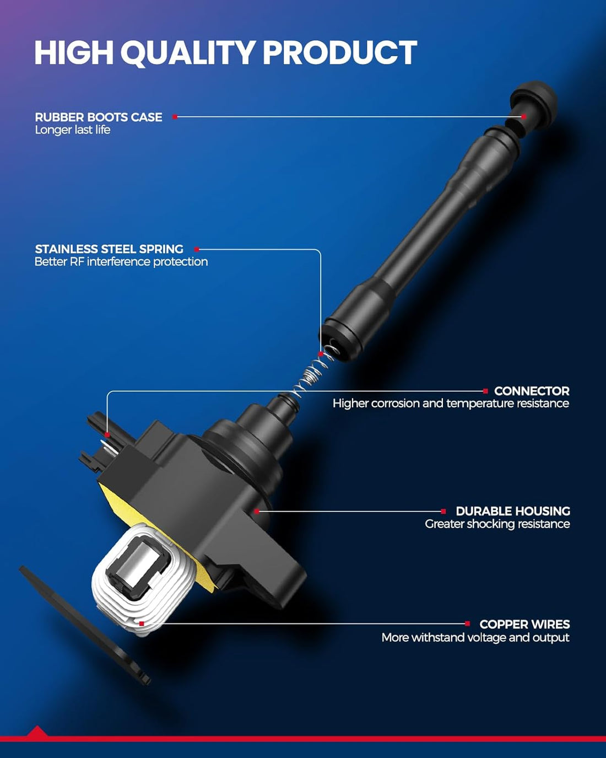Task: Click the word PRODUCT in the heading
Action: pos(340,52)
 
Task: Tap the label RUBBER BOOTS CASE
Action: pos(99,117)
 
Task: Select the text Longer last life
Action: pos(73,130)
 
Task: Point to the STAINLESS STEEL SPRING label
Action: pos(109,249)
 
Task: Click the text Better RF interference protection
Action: pos(121,262)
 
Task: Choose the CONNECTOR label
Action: pos(532,391)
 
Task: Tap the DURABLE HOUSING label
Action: pos(513,511)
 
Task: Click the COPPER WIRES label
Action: pos(524,624)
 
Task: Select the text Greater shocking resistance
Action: pos(497,524)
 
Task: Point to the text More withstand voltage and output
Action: pos(475,637)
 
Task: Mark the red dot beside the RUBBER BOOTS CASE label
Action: pos(175,117)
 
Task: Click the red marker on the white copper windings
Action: pos(142,624)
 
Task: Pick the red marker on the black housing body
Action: pos(257,512)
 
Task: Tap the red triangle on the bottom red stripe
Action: pos(36,731)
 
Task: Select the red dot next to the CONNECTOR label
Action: pos(485,391)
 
